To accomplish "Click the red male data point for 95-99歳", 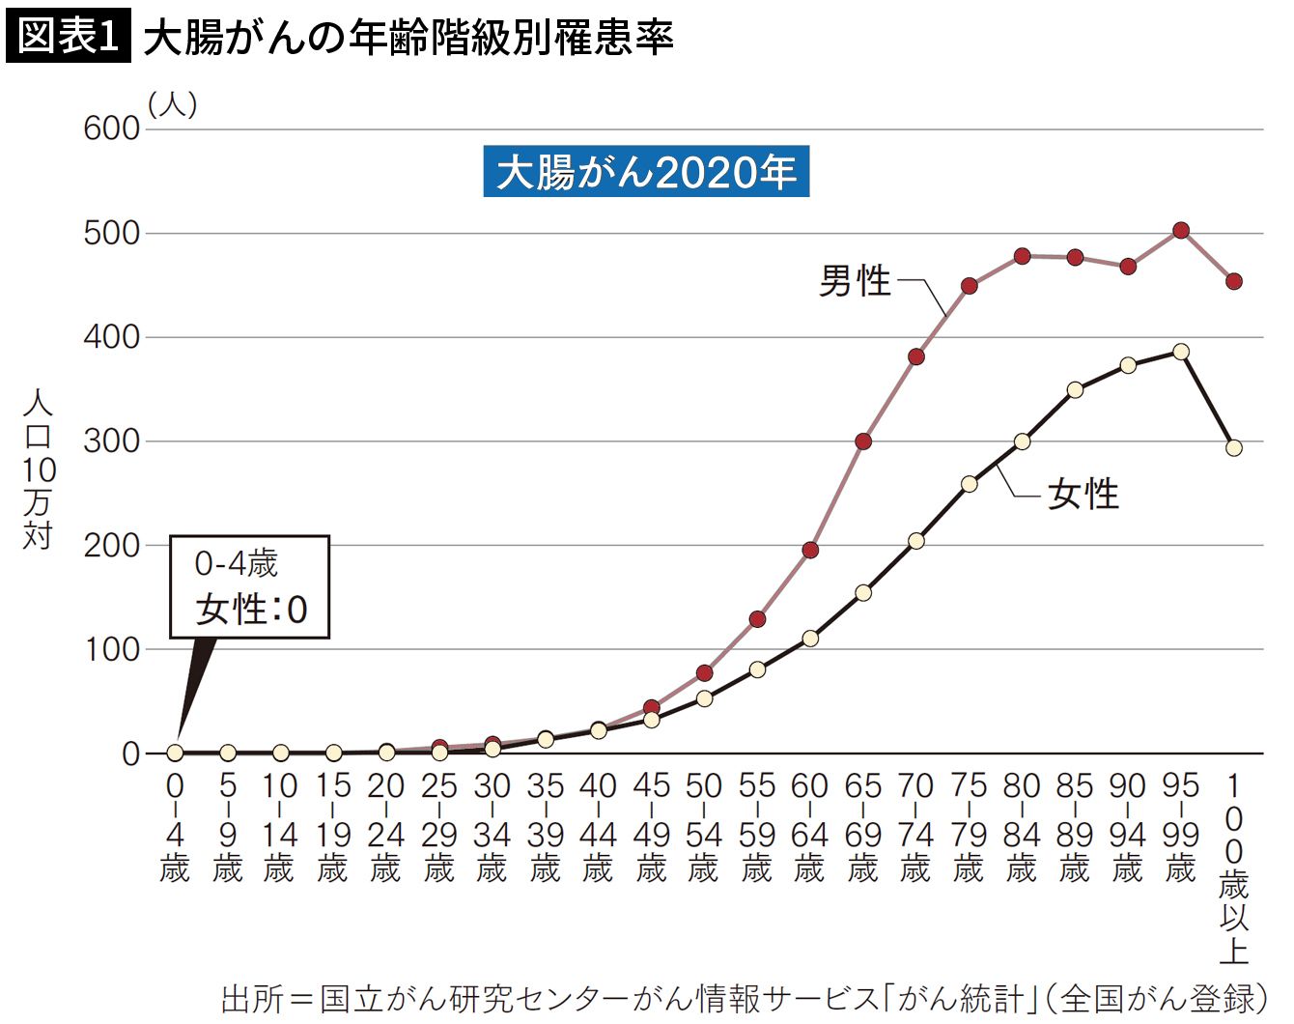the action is (x=1181, y=231).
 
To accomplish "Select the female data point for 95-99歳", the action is (x=1181, y=352).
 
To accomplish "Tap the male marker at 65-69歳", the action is (x=863, y=441).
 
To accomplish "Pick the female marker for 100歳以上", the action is (x=1234, y=448).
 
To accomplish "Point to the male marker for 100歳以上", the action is (x=1234, y=281).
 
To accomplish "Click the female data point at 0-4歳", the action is (x=175, y=753).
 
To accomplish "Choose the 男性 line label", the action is (x=855, y=281).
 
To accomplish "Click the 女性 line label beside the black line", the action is (x=1083, y=495).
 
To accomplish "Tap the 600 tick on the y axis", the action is (x=112, y=128).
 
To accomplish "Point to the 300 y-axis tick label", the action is (x=112, y=441).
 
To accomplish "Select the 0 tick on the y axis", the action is (x=131, y=754).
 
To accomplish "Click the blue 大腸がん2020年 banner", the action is (x=646, y=171).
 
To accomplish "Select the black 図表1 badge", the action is (x=68, y=36).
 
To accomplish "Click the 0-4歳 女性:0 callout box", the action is (x=249, y=586).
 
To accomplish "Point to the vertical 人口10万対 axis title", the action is (x=39, y=469).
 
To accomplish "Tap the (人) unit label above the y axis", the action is (x=173, y=104).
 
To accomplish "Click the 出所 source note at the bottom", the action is (x=745, y=999).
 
